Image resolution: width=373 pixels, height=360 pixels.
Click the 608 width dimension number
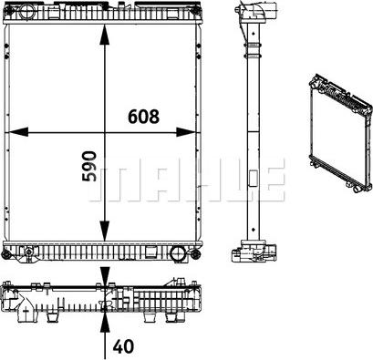click(143, 117)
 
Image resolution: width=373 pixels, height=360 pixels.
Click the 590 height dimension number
click(89, 166)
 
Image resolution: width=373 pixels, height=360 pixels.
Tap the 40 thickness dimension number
click(123, 346)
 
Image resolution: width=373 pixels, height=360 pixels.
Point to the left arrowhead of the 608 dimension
click(16, 132)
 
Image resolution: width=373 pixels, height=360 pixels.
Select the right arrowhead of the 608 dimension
click(186, 132)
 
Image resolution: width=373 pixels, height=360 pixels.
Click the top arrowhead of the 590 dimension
click(105, 35)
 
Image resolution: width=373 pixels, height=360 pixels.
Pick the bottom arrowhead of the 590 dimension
click(105, 231)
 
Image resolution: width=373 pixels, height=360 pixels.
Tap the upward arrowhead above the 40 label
click(105, 323)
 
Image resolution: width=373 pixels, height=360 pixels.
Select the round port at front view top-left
click(26, 12)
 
